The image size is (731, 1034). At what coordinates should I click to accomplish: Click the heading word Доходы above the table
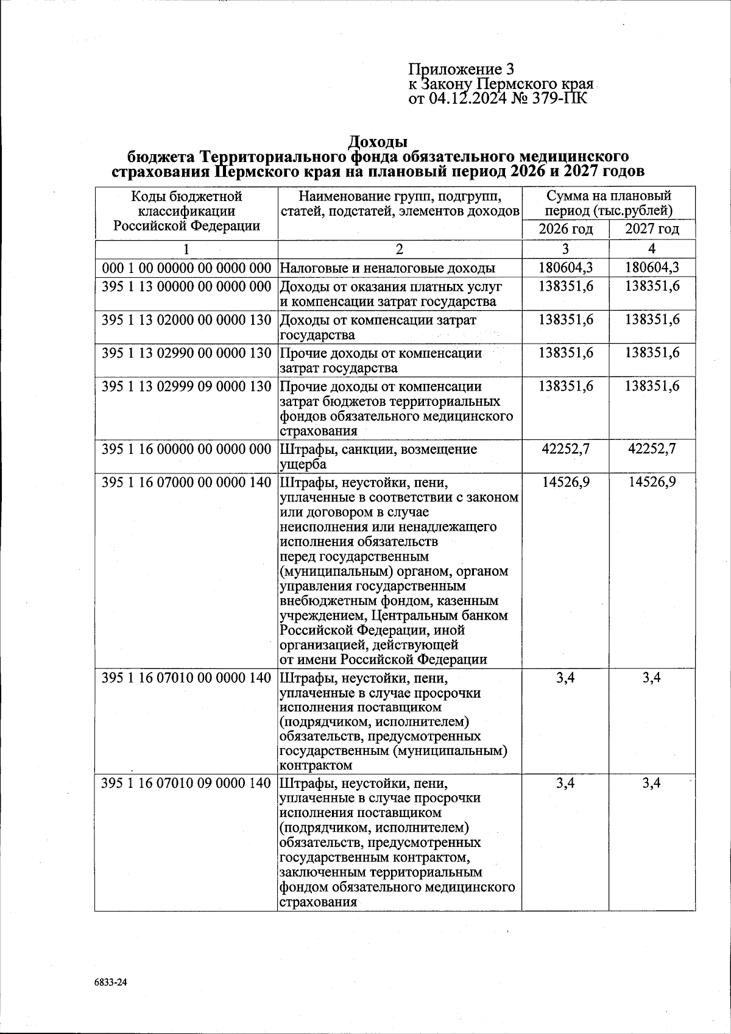pyautogui.click(x=378, y=143)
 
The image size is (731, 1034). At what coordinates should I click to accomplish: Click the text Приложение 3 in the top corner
pyautogui.click(x=461, y=69)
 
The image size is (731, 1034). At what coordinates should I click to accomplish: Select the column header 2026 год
pyautogui.click(x=565, y=230)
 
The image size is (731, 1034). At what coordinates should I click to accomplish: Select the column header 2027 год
pyautogui.click(x=652, y=230)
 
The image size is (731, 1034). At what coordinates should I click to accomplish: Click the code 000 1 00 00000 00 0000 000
pyautogui.click(x=186, y=268)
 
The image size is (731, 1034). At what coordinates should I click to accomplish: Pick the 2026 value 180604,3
pyautogui.click(x=565, y=268)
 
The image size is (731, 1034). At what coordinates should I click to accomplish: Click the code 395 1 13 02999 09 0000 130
pyautogui.click(x=186, y=387)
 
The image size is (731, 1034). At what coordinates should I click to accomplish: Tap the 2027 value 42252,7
pyautogui.click(x=652, y=449)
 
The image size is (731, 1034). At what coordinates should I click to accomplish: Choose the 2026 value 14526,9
pyautogui.click(x=565, y=482)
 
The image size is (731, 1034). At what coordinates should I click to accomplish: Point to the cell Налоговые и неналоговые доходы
pyautogui.click(x=387, y=268)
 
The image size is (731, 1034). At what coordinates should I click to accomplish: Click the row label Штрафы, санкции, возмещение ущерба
pyautogui.click(x=378, y=456)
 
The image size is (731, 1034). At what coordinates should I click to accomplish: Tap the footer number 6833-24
pyautogui.click(x=113, y=982)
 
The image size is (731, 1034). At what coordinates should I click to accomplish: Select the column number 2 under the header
pyautogui.click(x=399, y=249)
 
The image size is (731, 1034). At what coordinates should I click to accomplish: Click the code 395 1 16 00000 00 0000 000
pyautogui.click(x=186, y=449)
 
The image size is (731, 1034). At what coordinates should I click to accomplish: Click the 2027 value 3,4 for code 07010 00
pyautogui.click(x=652, y=678)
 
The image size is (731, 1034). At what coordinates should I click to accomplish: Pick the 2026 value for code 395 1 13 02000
pyautogui.click(x=565, y=320)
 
